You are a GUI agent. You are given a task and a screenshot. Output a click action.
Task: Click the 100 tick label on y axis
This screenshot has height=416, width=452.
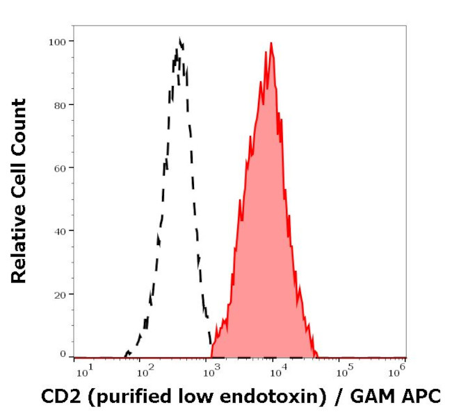point(58,42)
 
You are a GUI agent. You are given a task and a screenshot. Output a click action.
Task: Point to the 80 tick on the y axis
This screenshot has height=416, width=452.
point(60,105)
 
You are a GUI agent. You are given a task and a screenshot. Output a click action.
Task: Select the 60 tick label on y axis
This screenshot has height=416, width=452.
point(60,168)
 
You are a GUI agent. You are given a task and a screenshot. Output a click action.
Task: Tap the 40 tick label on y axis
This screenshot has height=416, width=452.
point(60,231)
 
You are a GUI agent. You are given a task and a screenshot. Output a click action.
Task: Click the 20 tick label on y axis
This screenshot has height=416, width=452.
point(60,294)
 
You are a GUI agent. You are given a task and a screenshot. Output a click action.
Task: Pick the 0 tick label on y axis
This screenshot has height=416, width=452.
point(63,354)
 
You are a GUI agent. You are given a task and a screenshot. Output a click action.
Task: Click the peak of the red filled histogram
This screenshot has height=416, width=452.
point(271,43)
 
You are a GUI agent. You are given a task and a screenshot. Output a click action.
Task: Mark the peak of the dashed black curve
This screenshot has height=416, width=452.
point(180,39)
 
